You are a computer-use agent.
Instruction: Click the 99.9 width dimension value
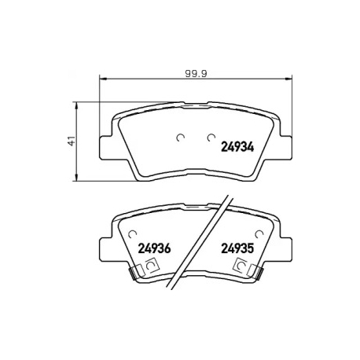[x=196, y=73]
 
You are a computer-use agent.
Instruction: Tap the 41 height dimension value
[x=72, y=141]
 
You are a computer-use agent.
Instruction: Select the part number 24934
[x=237, y=147]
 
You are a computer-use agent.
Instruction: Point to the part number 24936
[x=154, y=248]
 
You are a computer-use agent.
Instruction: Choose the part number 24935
[x=237, y=248]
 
